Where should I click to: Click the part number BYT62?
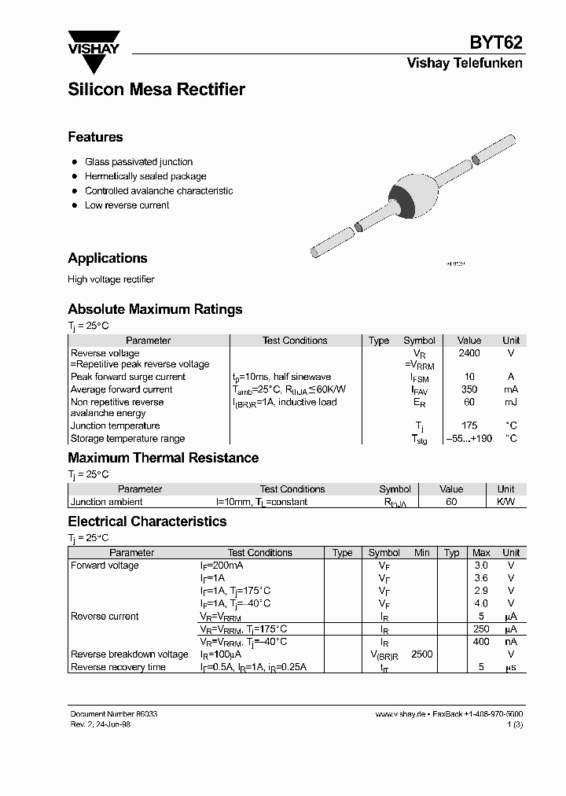click(496, 43)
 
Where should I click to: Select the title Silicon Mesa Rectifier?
click(156, 90)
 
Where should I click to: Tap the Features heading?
click(95, 137)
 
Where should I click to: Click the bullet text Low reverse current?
click(127, 205)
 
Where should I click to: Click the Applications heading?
click(108, 258)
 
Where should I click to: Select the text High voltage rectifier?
click(111, 279)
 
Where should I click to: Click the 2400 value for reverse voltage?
click(469, 353)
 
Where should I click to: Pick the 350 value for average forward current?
click(469, 389)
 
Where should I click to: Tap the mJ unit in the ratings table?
click(511, 402)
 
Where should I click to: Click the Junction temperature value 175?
click(469, 426)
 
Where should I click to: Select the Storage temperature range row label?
click(127, 439)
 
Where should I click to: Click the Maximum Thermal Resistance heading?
click(163, 458)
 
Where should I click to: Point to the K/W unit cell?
click(505, 502)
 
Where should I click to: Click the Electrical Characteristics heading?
click(147, 521)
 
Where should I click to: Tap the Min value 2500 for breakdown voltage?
click(422, 654)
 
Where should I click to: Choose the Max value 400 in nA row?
click(481, 642)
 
